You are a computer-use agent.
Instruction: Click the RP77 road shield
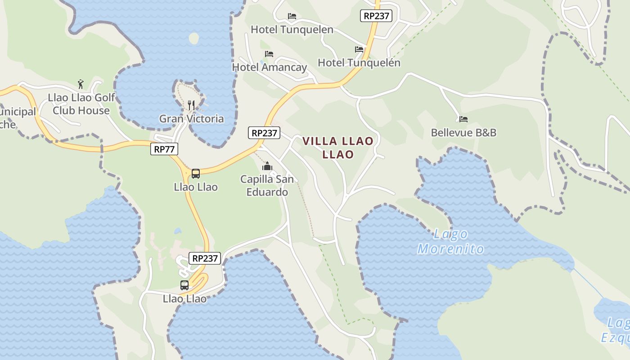tap(164, 149)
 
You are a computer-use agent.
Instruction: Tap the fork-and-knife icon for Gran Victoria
tap(192, 105)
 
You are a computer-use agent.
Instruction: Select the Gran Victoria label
tap(191, 118)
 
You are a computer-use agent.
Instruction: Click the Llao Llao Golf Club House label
tap(81, 104)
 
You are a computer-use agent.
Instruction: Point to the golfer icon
tap(81, 84)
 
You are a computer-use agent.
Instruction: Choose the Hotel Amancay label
tap(269, 67)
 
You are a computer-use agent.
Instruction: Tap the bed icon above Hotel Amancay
tap(269, 54)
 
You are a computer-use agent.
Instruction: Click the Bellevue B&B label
tap(463, 132)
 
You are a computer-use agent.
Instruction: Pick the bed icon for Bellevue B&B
tap(463, 119)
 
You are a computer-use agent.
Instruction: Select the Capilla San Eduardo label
tap(267, 185)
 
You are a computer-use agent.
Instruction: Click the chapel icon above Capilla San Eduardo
tap(267, 166)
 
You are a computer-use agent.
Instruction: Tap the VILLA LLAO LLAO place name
tap(338, 148)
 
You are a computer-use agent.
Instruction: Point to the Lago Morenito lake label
tap(451, 242)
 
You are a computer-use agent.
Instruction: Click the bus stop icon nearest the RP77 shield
tap(196, 174)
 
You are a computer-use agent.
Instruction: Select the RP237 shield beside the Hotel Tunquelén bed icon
tap(376, 16)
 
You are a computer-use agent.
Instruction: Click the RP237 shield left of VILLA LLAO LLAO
tap(264, 133)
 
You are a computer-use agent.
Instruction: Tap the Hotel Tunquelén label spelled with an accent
tap(359, 63)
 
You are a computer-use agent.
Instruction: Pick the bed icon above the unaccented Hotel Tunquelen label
tap(292, 16)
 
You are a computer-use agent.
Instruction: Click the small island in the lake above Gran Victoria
tap(194, 39)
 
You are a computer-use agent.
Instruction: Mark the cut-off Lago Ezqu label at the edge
tap(616, 330)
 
